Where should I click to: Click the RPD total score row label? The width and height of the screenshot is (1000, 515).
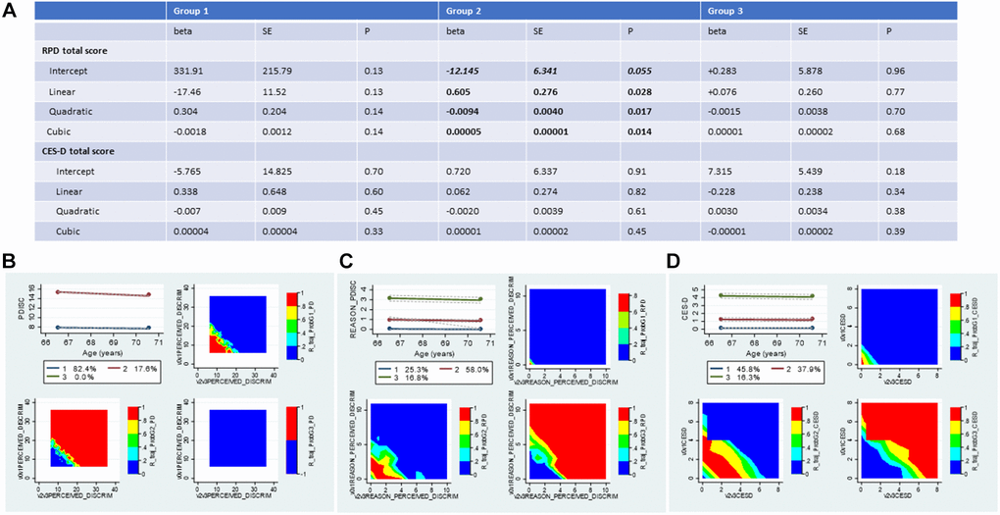point(75,49)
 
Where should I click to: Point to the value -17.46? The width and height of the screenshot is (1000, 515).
point(188,91)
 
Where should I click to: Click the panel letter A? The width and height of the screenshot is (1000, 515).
point(13,13)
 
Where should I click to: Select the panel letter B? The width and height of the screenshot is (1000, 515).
point(13,263)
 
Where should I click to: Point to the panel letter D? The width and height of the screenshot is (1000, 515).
point(675,263)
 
